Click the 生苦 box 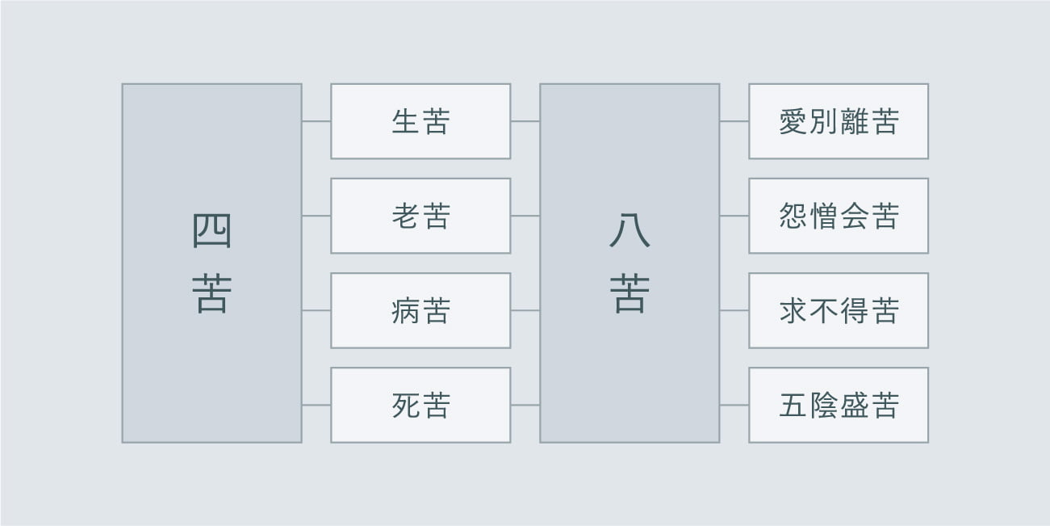(x=420, y=121)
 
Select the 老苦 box (x=420, y=216)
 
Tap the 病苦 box (x=420, y=310)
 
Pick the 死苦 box (x=420, y=405)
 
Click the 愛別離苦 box (x=838, y=121)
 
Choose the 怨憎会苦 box (x=838, y=216)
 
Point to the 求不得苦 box (x=838, y=310)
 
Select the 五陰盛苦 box (x=838, y=405)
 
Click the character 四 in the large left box (x=211, y=232)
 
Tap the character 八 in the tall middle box (x=630, y=232)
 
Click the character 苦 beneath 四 (x=211, y=293)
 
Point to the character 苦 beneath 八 (x=630, y=293)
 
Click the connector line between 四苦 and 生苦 (x=316, y=121)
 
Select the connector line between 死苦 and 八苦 (x=525, y=405)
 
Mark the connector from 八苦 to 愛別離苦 (x=734, y=121)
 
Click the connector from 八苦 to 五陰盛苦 (x=734, y=405)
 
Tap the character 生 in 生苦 (x=404, y=122)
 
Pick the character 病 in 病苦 (x=404, y=311)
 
